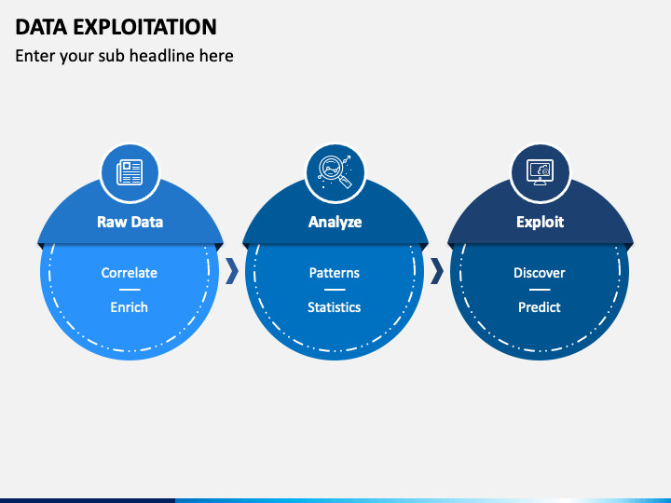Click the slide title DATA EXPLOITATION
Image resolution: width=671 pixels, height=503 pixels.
point(116,26)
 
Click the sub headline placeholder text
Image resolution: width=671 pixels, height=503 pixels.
point(124,56)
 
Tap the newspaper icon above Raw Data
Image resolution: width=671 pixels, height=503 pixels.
point(130,172)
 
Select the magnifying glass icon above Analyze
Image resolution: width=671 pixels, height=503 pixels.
point(335,172)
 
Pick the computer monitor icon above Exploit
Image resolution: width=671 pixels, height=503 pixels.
point(540,172)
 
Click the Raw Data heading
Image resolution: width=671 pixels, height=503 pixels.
point(130,222)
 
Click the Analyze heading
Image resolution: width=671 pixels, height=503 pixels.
point(335,222)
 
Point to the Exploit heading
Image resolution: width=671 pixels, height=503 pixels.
point(540,222)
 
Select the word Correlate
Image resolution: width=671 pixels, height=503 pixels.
point(130,273)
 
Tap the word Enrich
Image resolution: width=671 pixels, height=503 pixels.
point(130,306)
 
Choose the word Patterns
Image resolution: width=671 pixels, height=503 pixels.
point(335,273)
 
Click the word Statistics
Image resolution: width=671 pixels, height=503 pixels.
point(335,306)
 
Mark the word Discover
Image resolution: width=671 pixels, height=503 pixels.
point(540,273)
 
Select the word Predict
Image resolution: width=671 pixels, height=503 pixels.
point(540,306)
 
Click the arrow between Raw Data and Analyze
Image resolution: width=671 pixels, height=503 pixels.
point(232,271)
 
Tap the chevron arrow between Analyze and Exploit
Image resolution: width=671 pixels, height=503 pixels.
point(436,271)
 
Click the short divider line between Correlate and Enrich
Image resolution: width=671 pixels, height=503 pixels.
point(130,290)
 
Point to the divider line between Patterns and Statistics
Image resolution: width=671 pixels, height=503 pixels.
point(335,290)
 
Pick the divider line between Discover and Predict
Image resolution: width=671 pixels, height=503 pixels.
point(540,290)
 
